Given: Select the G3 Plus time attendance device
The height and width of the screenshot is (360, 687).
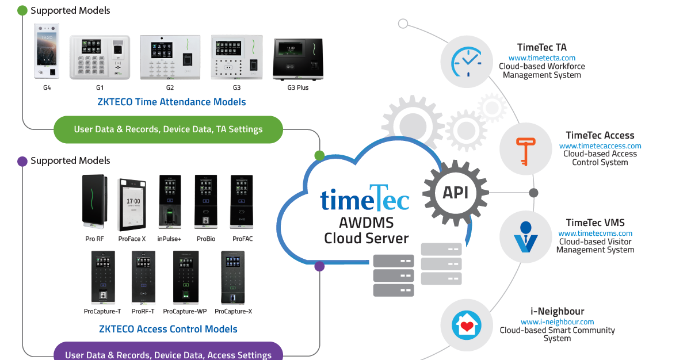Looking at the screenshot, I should [297, 59].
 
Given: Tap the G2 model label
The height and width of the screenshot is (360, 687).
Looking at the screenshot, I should [170, 87].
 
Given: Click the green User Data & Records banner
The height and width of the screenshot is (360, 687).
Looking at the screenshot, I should [168, 129].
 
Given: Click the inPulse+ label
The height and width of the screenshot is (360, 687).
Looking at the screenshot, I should [169, 239].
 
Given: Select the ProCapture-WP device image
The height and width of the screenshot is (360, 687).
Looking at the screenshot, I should [185, 277].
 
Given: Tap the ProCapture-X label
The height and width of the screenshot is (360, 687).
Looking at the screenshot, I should [234, 311].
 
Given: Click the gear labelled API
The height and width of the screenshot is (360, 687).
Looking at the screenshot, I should [455, 193].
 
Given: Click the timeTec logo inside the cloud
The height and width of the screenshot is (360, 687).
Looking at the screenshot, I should [365, 200].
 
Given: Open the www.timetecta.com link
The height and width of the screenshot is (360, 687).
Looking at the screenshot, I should [541, 58].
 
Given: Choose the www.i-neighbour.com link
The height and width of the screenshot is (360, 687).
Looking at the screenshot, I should [557, 321].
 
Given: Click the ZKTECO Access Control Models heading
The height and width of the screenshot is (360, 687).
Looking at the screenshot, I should [168, 329].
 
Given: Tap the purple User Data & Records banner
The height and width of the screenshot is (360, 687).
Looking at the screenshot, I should [168, 354].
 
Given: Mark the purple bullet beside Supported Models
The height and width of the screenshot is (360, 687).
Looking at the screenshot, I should [22, 162].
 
